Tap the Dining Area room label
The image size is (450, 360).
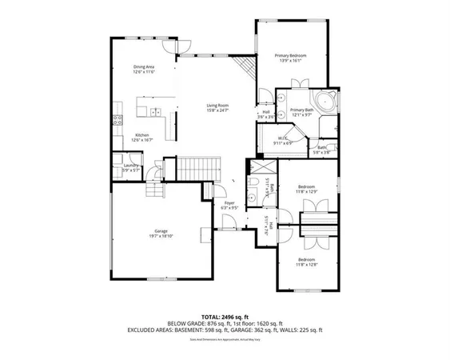tap(144, 70)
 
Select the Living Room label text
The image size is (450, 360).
tap(218, 107)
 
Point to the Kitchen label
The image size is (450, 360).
tap(142, 138)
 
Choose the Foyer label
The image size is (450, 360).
tap(229, 206)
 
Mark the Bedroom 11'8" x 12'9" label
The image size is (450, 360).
tap(307, 189)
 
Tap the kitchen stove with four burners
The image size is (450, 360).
tap(117, 122)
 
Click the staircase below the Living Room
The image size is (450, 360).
tap(191, 169)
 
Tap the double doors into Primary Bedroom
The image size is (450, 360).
tap(302, 83)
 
